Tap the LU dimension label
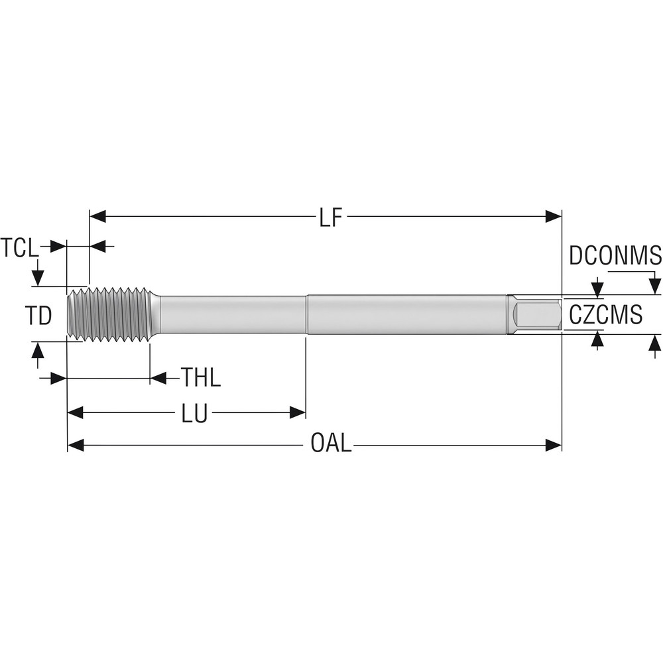(x=194, y=414)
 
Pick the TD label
(x=39, y=316)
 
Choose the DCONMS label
(x=615, y=255)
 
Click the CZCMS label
(x=606, y=315)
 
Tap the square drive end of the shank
(x=536, y=314)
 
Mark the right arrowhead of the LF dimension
(x=554, y=216)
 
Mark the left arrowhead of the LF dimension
(x=97, y=216)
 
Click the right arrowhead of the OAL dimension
(x=554, y=444)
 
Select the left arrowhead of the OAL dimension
(x=76, y=444)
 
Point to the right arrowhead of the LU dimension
(x=298, y=413)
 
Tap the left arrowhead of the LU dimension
(x=76, y=413)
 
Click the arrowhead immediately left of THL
(x=158, y=378)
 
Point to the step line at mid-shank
(x=306, y=314)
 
